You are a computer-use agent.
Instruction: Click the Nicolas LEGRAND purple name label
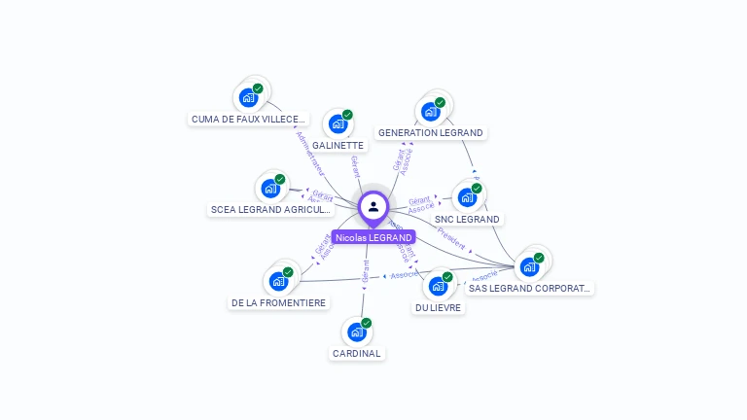coord(373,237)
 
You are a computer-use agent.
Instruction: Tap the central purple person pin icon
coord(373,206)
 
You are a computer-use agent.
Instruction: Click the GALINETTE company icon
coord(338,123)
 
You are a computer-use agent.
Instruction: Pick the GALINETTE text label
coord(338,146)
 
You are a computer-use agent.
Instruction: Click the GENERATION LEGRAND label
coord(430,132)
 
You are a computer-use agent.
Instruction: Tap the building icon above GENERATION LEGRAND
coord(431,111)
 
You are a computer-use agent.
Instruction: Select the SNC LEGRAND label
coord(467,220)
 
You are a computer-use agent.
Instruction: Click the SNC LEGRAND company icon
coord(468,197)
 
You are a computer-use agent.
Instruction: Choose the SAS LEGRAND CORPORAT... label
coord(529,288)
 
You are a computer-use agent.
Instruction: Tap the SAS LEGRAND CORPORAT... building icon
coord(529,266)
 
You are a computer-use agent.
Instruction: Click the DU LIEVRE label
coord(439,308)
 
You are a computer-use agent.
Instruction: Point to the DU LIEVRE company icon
coord(439,286)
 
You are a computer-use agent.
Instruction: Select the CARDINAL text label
coord(356,354)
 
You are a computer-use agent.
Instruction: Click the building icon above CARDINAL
coord(357,332)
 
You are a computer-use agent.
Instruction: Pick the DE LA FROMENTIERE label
coord(278,303)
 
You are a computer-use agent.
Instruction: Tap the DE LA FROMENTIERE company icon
coord(279,281)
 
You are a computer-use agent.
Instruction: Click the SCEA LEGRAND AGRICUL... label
coord(270,210)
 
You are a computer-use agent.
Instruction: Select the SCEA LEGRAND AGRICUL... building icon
coord(270,188)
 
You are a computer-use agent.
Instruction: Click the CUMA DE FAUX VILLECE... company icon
coord(249,97)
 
